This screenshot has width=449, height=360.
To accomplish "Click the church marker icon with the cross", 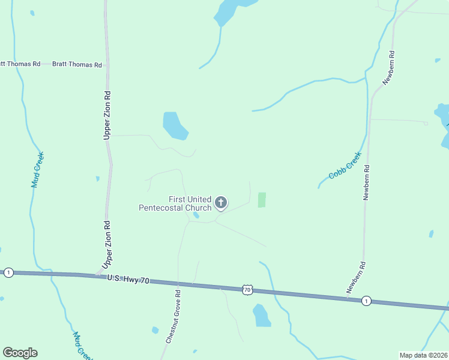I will (221, 203).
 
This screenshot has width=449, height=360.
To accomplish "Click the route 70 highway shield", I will (247, 290).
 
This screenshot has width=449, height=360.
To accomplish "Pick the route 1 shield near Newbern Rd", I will (366, 301).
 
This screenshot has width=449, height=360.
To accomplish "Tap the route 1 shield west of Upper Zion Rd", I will (8, 272).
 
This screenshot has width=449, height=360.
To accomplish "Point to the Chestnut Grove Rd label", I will (174, 316).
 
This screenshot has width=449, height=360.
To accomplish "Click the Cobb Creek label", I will (345, 166).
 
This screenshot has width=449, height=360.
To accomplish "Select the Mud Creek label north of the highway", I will (37, 170).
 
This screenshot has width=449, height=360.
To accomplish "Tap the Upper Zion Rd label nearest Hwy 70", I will (107, 245).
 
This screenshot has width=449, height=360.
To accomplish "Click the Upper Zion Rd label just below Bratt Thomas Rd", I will (107, 115).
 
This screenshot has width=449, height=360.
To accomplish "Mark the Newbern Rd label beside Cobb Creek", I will (366, 182).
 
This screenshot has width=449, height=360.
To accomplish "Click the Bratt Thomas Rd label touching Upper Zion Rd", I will (77, 64).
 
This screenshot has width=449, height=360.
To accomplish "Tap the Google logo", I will (20, 353).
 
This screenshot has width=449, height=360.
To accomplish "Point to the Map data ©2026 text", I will (423, 355).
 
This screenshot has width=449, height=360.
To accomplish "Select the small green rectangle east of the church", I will (262, 200).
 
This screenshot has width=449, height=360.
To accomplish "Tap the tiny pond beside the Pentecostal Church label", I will (196, 215).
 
